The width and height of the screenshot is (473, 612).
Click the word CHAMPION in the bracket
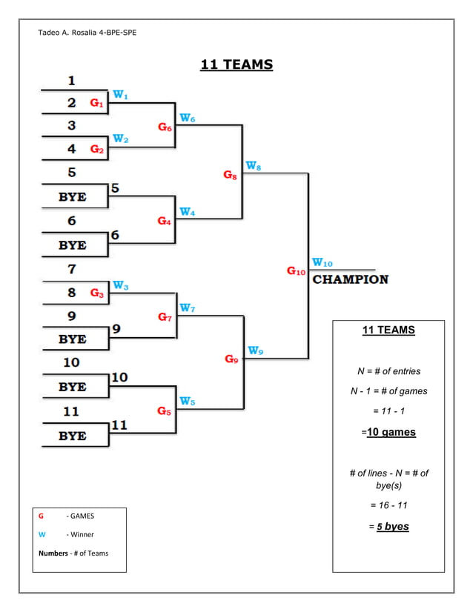[350, 279]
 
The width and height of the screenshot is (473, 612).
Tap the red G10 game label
[296, 271]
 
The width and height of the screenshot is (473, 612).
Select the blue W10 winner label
[322, 262]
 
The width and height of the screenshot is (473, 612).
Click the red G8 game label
[231, 175]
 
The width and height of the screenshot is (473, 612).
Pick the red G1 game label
[97, 103]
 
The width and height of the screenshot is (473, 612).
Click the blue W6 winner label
[187, 119]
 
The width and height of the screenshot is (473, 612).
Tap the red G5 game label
[164, 411]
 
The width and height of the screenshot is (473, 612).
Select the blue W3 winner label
[121, 286]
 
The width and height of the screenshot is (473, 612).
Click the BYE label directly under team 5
[72, 197]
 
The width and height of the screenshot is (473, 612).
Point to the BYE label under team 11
[72, 436]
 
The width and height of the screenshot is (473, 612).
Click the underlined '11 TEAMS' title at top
[236, 65]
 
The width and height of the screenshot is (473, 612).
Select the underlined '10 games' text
[391, 432]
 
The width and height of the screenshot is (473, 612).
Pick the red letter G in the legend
[41, 516]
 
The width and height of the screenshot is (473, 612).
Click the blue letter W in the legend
[42, 534]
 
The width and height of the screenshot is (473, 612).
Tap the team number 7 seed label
[72, 269]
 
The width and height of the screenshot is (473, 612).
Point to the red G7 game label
[165, 317]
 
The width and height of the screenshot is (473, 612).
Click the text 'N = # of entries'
[388, 370]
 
